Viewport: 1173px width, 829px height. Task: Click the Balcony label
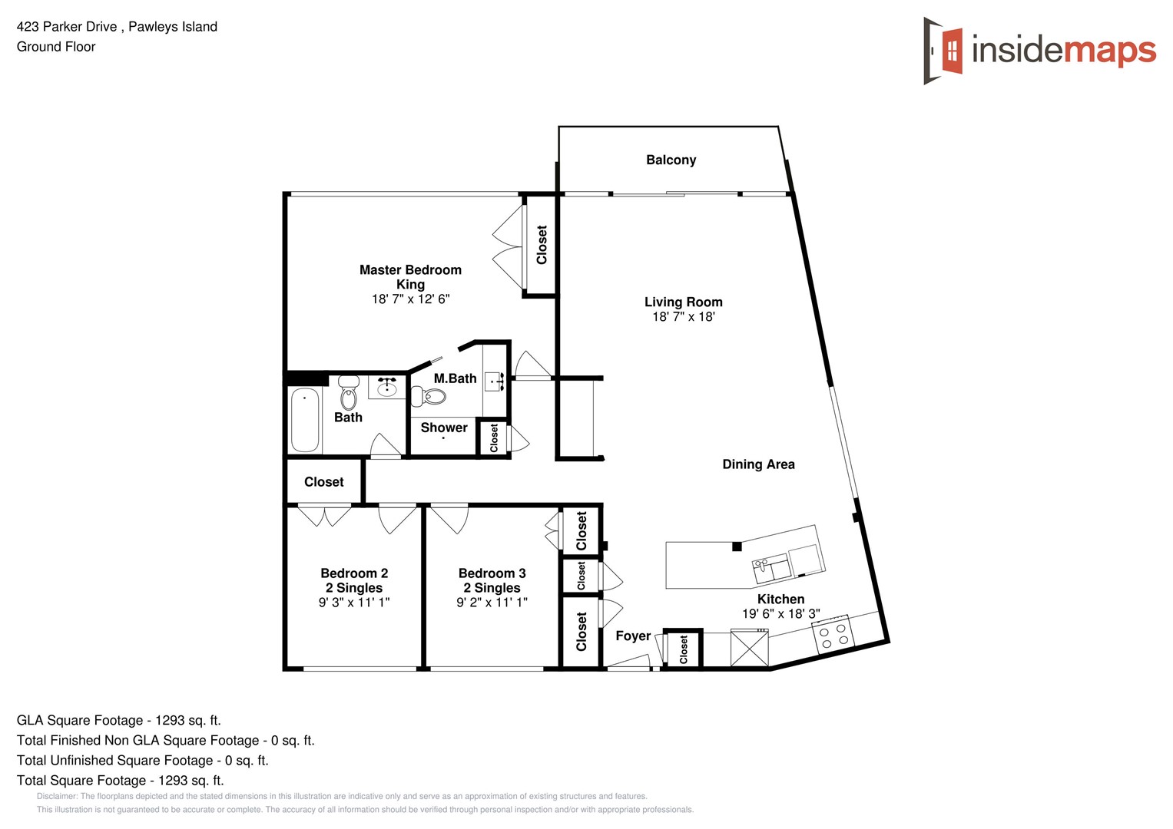click(671, 160)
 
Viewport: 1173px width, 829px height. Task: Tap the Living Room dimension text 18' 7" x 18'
click(683, 317)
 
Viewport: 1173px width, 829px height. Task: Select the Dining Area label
click(758, 464)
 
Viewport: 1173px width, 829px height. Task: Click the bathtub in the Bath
click(305, 420)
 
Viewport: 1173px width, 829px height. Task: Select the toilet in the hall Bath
click(348, 395)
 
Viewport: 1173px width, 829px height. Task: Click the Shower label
click(444, 428)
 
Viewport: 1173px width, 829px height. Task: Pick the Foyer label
click(633, 636)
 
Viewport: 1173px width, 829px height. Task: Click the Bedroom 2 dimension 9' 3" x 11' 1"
click(354, 603)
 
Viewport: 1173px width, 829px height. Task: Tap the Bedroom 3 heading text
click(492, 573)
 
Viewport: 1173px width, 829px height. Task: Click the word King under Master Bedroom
click(410, 284)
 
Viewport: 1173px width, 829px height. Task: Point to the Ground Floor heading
click(56, 47)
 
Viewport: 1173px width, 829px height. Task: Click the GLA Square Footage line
click(118, 720)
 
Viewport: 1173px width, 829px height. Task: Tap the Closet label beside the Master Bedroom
click(542, 245)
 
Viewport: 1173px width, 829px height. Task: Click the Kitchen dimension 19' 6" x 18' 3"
click(780, 614)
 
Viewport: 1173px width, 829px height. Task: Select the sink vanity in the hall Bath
click(386, 388)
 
